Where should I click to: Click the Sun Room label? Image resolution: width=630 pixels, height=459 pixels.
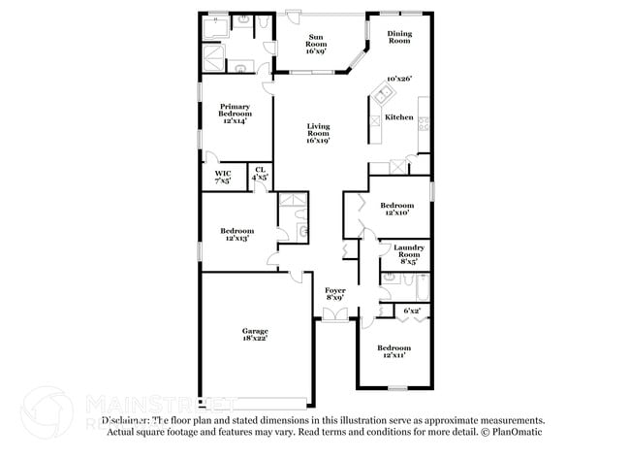tap(317, 43)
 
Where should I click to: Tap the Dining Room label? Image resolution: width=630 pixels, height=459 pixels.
tap(399, 38)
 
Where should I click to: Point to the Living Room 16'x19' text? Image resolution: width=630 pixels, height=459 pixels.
tap(318, 134)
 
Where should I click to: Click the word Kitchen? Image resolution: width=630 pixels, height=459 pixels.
tap(399, 117)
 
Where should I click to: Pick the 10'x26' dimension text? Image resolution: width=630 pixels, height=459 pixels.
tap(399, 80)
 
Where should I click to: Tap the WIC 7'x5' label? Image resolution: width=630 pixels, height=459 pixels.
tap(222, 176)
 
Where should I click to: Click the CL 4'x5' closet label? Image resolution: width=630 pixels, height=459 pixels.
tap(260, 175)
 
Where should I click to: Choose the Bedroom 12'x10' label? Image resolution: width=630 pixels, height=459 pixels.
tap(396, 209)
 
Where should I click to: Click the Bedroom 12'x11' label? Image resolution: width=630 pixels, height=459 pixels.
tap(394, 351)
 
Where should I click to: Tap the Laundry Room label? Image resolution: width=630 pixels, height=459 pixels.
tap(408, 254)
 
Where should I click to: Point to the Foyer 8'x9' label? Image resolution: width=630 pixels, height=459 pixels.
tap(334, 293)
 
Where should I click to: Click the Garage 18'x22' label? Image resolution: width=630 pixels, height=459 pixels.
tap(255, 335)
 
